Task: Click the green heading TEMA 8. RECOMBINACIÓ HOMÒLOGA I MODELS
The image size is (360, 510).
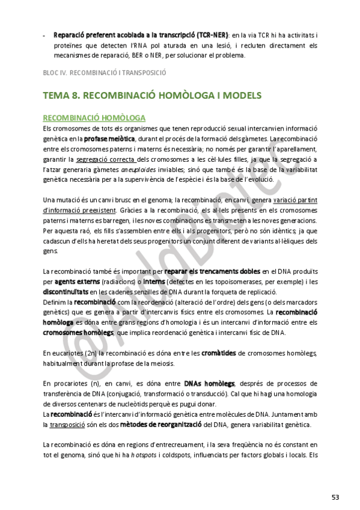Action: pos(152,96)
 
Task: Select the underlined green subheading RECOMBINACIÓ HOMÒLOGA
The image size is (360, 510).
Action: pos(94,117)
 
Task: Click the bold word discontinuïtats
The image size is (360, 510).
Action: pos(66,291)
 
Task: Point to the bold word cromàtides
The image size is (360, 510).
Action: pos(218,353)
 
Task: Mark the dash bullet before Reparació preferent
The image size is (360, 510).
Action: pos(44,35)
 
